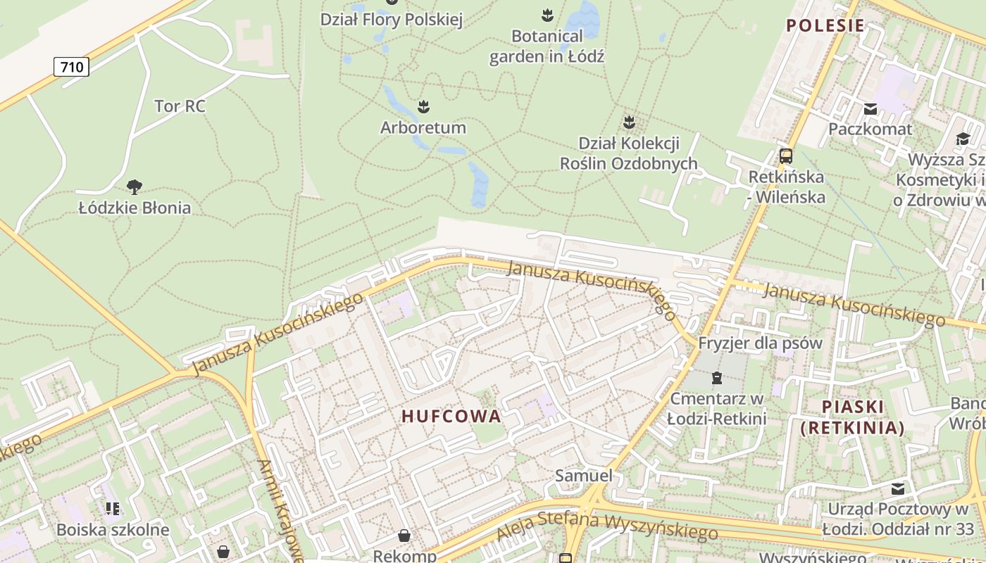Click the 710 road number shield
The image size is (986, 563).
(71, 68)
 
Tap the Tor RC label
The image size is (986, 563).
(180, 106)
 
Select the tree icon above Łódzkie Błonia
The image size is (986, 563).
(134, 187)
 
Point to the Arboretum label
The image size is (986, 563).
(423, 127)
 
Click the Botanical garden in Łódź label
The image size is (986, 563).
(547, 46)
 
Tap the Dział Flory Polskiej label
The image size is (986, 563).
(391, 20)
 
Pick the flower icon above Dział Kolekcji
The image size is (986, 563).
(629, 122)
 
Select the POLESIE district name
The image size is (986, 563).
(825, 26)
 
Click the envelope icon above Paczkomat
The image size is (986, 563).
(870, 109)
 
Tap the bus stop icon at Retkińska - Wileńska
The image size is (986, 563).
(786, 156)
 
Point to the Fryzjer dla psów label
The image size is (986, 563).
(760, 343)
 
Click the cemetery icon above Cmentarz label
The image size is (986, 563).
(716, 379)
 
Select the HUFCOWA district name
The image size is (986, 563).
(451, 416)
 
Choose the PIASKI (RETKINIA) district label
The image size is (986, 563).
(852, 417)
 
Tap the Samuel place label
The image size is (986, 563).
(583, 475)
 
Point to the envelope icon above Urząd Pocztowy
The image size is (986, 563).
(898, 488)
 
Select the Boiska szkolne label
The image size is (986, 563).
(113, 529)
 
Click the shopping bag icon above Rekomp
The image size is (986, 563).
(404, 536)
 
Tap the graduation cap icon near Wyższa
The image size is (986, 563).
(962, 139)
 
